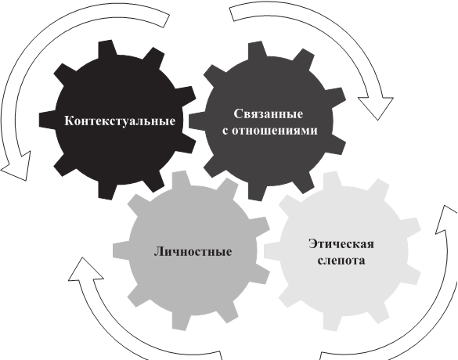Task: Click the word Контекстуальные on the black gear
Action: (x=120, y=121)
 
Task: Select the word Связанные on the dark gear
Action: (x=268, y=113)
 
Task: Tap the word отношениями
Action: (x=274, y=130)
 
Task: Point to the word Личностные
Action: (x=193, y=251)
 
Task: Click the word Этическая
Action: (x=341, y=244)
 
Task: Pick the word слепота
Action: (x=341, y=260)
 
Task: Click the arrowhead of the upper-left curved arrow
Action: (x=17, y=167)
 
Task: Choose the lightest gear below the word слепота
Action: (x=342, y=292)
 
